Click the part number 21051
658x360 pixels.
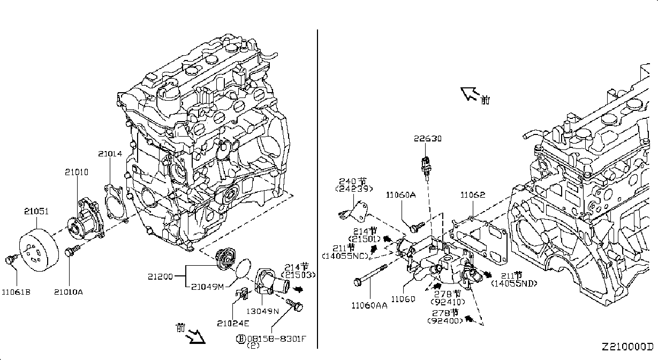(x=36, y=211)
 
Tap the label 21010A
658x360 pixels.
(x=69, y=292)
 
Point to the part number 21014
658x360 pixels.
(x=110, y=154)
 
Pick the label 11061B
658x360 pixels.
(x=16, y=292)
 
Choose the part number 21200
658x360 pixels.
(x=160, y=276)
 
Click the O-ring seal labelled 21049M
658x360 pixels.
(x=244, y=268)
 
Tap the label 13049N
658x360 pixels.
(x=262, y=311)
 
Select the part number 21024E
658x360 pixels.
(x=233, y=324)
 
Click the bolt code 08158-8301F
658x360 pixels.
(x=276, y=339)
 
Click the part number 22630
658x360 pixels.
(x=428, y=138)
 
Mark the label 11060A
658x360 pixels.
(x=400, y=195)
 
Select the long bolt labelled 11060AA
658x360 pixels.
(x=371, y=274)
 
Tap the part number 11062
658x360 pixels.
(x=473, y=195)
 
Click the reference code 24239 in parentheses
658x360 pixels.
(x=354, y=189)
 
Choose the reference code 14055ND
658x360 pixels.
(x=514, y=283)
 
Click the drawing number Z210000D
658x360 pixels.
(x=627, y=347)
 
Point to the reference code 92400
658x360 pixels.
(x=445, y=320)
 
